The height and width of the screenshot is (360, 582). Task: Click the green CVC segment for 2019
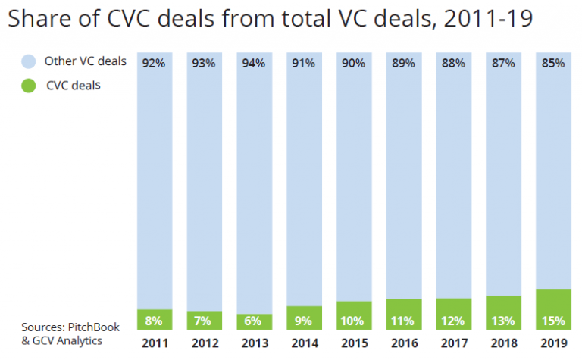tap(552, 309)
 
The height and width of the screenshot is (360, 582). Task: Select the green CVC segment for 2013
tap(255, 321)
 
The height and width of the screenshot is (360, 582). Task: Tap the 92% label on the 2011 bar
tap(155, 64)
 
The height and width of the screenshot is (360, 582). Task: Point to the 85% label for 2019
tap(552, 64)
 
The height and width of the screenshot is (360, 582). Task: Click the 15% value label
tap(552, 321)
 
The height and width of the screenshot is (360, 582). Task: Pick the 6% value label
tap(255, 321)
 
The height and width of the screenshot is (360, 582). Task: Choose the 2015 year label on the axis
tap(354, 343)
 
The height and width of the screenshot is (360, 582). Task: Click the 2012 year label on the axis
tap(205, 343)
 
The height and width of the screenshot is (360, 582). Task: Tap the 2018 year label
tap(503, 343)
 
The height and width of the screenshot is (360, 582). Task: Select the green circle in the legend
tap(28, 86)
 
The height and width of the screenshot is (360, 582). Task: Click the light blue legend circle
tap(28, 61)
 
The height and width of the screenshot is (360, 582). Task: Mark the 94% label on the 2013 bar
tap(255, 64)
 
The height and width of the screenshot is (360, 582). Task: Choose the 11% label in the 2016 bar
tap(404, 321)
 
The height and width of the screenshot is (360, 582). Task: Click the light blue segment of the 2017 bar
tap(453, 182)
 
